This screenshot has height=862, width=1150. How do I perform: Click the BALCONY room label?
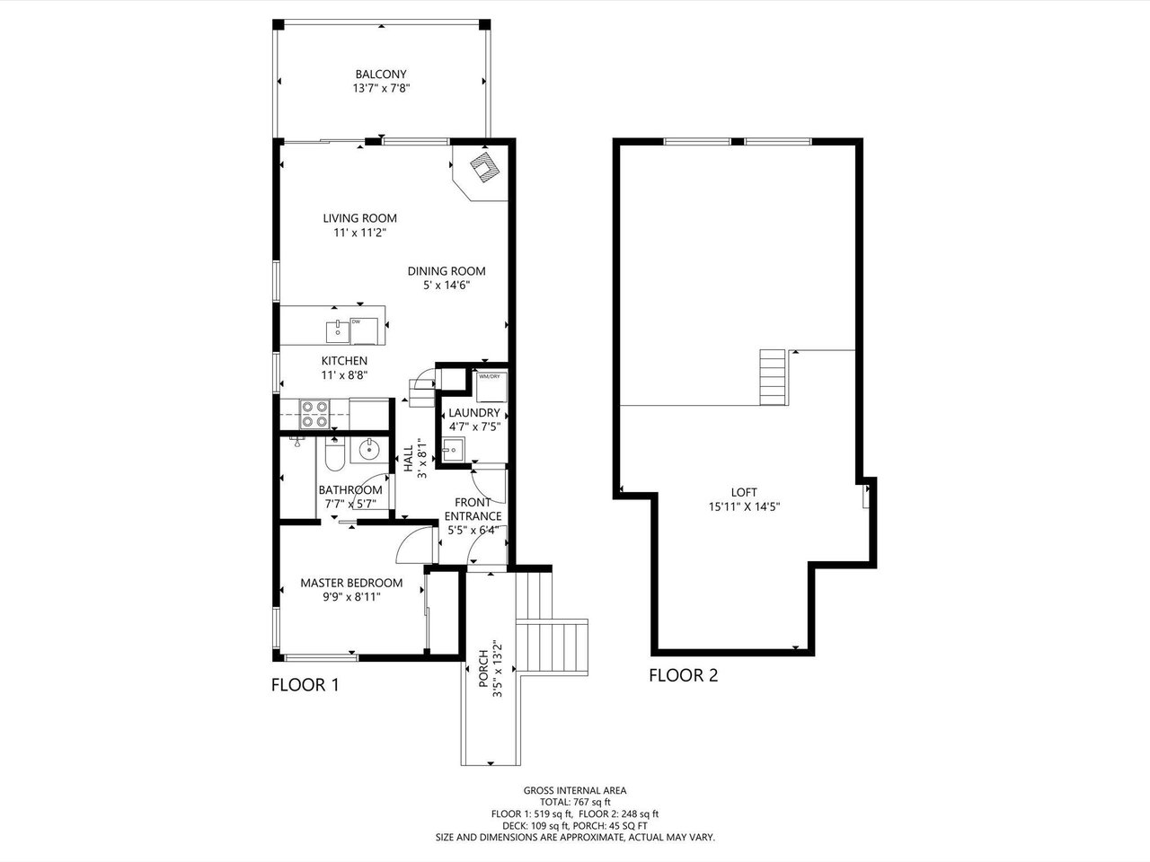pyautogui.click(x=381, y=75)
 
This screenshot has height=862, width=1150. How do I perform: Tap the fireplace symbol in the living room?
pyautogui.click(x=485, y=167)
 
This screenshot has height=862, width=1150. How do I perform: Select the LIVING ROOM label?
pyautogui.click(x=360, y=218)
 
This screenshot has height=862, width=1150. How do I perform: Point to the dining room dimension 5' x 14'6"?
pyautogui.click(x=447, y=286)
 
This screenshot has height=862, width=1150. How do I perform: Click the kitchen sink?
pyautogui.click(x=338, y=332)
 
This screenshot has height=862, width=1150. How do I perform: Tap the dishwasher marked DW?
pyautogui.click(x=364, y=330)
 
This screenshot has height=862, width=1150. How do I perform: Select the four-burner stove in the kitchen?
pyautogui.click(x=314, y=414)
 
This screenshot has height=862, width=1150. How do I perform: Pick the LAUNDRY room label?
pyautogui.click(x=474, y=413)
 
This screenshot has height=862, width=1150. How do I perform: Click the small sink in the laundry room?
pyautogui.click(x=452, y=450)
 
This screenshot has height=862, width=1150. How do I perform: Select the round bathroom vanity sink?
pyautogui.click(x=370, y=448)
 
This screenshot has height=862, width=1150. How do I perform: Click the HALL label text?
pyautogui.click(x=409, y=459)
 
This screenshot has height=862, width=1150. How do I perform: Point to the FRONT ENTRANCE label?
pyautogui.click(x=473, y=509)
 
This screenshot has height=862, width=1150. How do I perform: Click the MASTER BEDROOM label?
pyautogui.click(x=351, y=583)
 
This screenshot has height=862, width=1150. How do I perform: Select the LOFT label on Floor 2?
pyautogui.click(x=744, y=492)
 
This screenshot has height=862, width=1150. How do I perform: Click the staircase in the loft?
pyautogui.click(x=774, y=377)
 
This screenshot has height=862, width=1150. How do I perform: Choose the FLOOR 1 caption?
pyautogui.click(x=305, y=685)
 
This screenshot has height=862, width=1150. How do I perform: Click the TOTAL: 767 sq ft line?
pyautogui.click(x=575, y=802)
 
